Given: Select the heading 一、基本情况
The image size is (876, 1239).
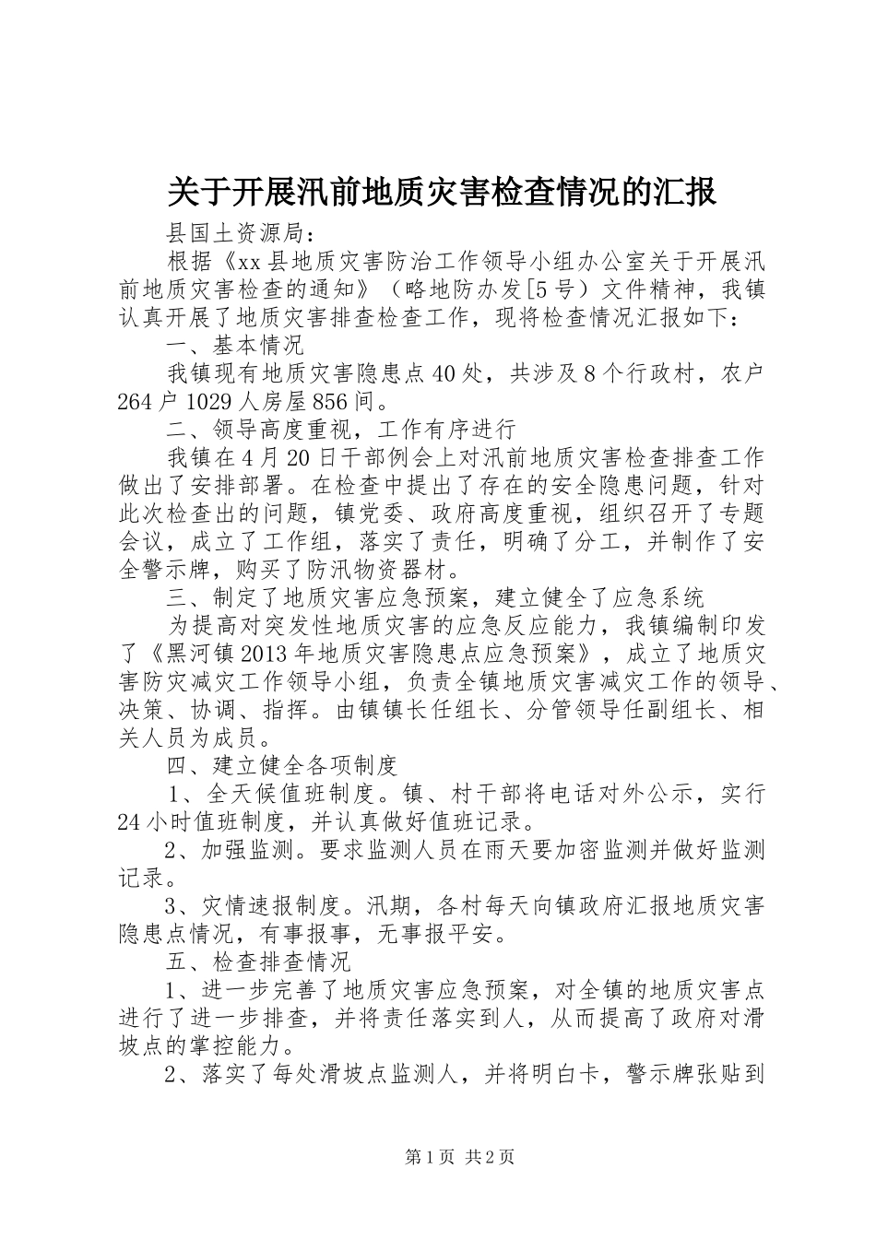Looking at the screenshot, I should pyautogui.click(x=235, y=346).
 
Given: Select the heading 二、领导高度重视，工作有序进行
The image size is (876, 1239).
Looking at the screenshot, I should pyautogui.click(x=340, y=430).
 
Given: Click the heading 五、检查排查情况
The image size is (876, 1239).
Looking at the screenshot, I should pyautogui.click(x=258, y=962).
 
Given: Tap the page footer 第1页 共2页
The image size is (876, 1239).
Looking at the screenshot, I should pyautogui.click(x=459, y=1157).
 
